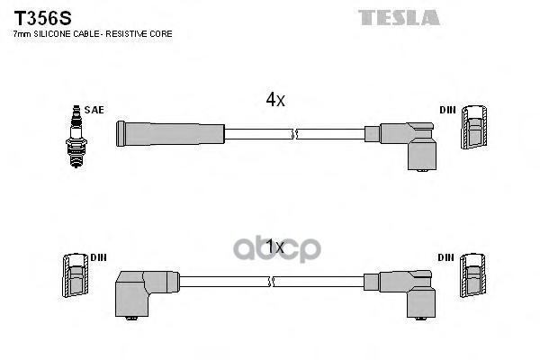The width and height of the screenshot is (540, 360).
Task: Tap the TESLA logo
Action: pyautogui.click(x=399, y=17)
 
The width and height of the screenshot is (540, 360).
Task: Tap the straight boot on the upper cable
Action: pyautogui.click(x=169, y=134)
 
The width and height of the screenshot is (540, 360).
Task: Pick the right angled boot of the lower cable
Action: pyautogui.click(x=409, y=288)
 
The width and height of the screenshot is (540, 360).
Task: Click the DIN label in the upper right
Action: pyautogui.click(x=447, y=110)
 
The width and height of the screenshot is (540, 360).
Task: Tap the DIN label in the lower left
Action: pyautogui.click(x=98, y=257)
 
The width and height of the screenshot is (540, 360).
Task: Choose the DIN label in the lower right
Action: pyautogui.click(x=447, y=257)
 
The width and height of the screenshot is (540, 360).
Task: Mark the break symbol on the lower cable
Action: pyautogui.click(x=272, y=282)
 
